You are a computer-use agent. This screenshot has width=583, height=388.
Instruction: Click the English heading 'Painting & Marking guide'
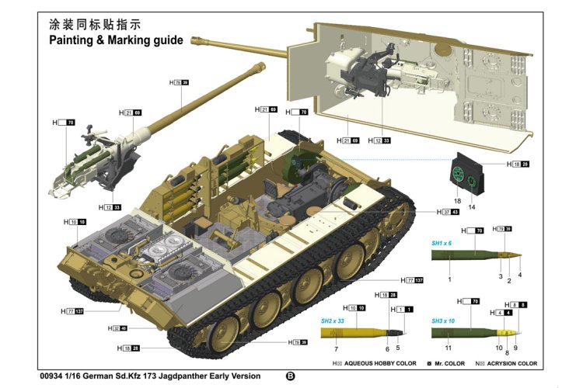coord(116,40)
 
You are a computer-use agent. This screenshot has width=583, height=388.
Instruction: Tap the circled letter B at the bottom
coord(291,376)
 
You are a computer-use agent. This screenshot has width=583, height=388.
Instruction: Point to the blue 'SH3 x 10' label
coord(444,321)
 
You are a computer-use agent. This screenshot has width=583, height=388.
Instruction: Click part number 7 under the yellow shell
coord(336,350)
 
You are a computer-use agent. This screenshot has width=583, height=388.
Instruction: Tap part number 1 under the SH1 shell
coord(449,278)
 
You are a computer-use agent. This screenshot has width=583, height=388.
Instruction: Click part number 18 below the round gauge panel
coord(457,201)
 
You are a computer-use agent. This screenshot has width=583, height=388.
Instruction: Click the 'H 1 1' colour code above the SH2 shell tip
coord(404,310)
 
